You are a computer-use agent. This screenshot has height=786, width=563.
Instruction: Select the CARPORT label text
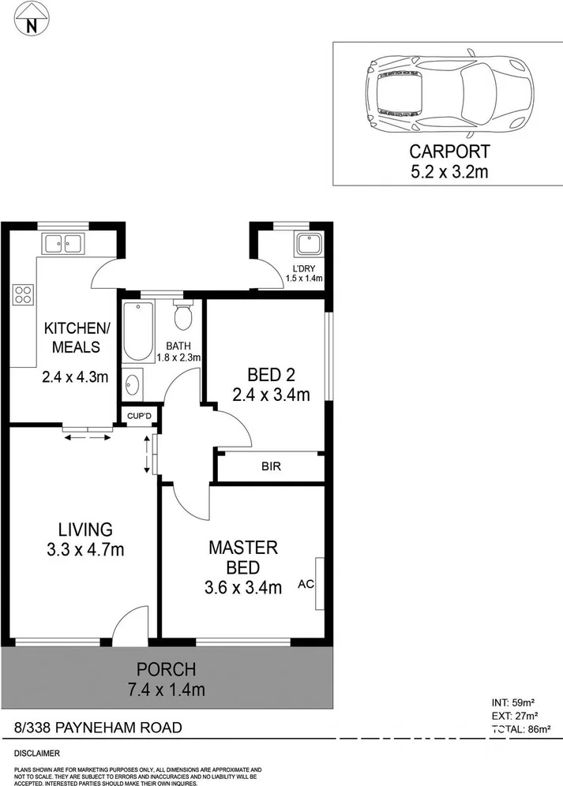click(x=449, y=152)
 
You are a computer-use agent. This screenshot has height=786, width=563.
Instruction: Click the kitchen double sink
click(x=64, y=244)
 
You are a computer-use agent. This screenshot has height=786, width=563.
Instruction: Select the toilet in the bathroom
click(x=183, y=316)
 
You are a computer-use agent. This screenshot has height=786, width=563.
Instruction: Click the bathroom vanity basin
click(x=133, y=385)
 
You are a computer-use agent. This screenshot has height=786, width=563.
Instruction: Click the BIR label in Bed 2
click(x=271, y=466)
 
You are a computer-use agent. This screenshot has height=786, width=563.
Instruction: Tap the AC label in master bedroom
click(x=306, y=585)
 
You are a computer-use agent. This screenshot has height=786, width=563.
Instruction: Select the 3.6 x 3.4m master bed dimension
click(x=243, y=587)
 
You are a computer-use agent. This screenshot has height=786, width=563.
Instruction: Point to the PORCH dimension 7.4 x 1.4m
click(x=167, y=690)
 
